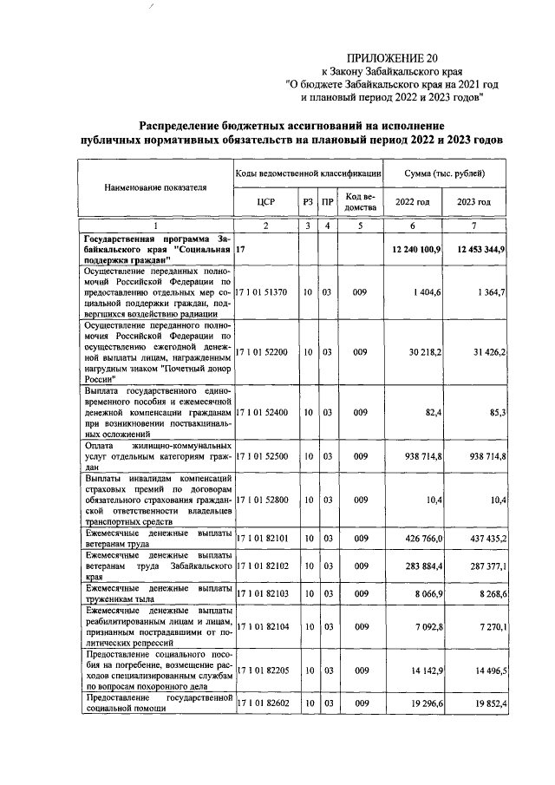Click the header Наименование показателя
coord(156,186)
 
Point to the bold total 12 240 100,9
coord(416,250)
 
